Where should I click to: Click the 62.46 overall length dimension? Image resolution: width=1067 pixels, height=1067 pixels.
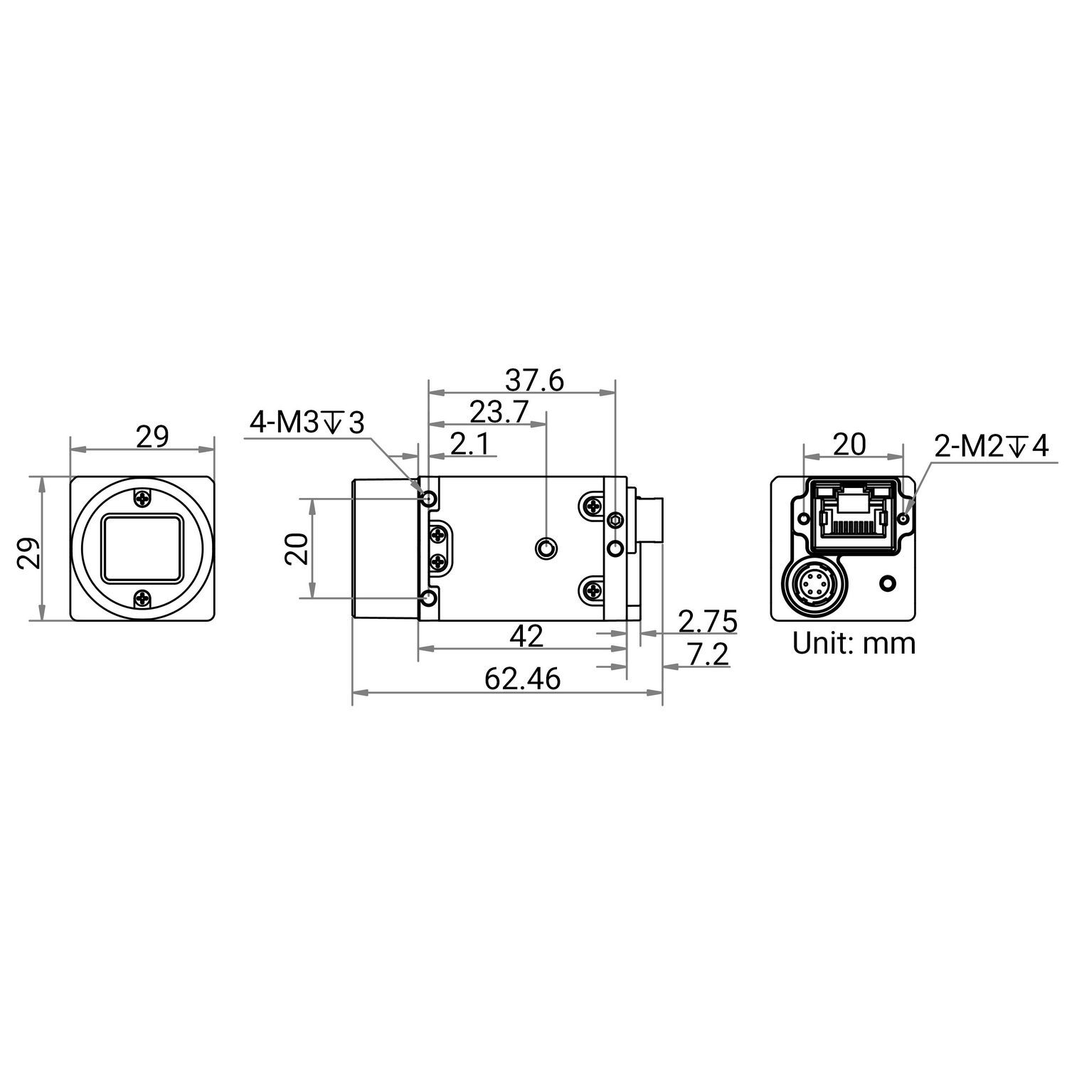pos(522,679)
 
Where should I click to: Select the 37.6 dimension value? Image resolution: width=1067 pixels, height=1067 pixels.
pos(534,381)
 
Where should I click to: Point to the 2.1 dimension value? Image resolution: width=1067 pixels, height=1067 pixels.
pos(470,445)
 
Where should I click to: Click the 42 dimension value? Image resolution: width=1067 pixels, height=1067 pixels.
pos(527,636)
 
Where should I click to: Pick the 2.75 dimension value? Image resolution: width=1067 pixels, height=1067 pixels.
pos(708,621)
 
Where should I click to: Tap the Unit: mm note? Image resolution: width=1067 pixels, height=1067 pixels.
pos(854,643)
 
